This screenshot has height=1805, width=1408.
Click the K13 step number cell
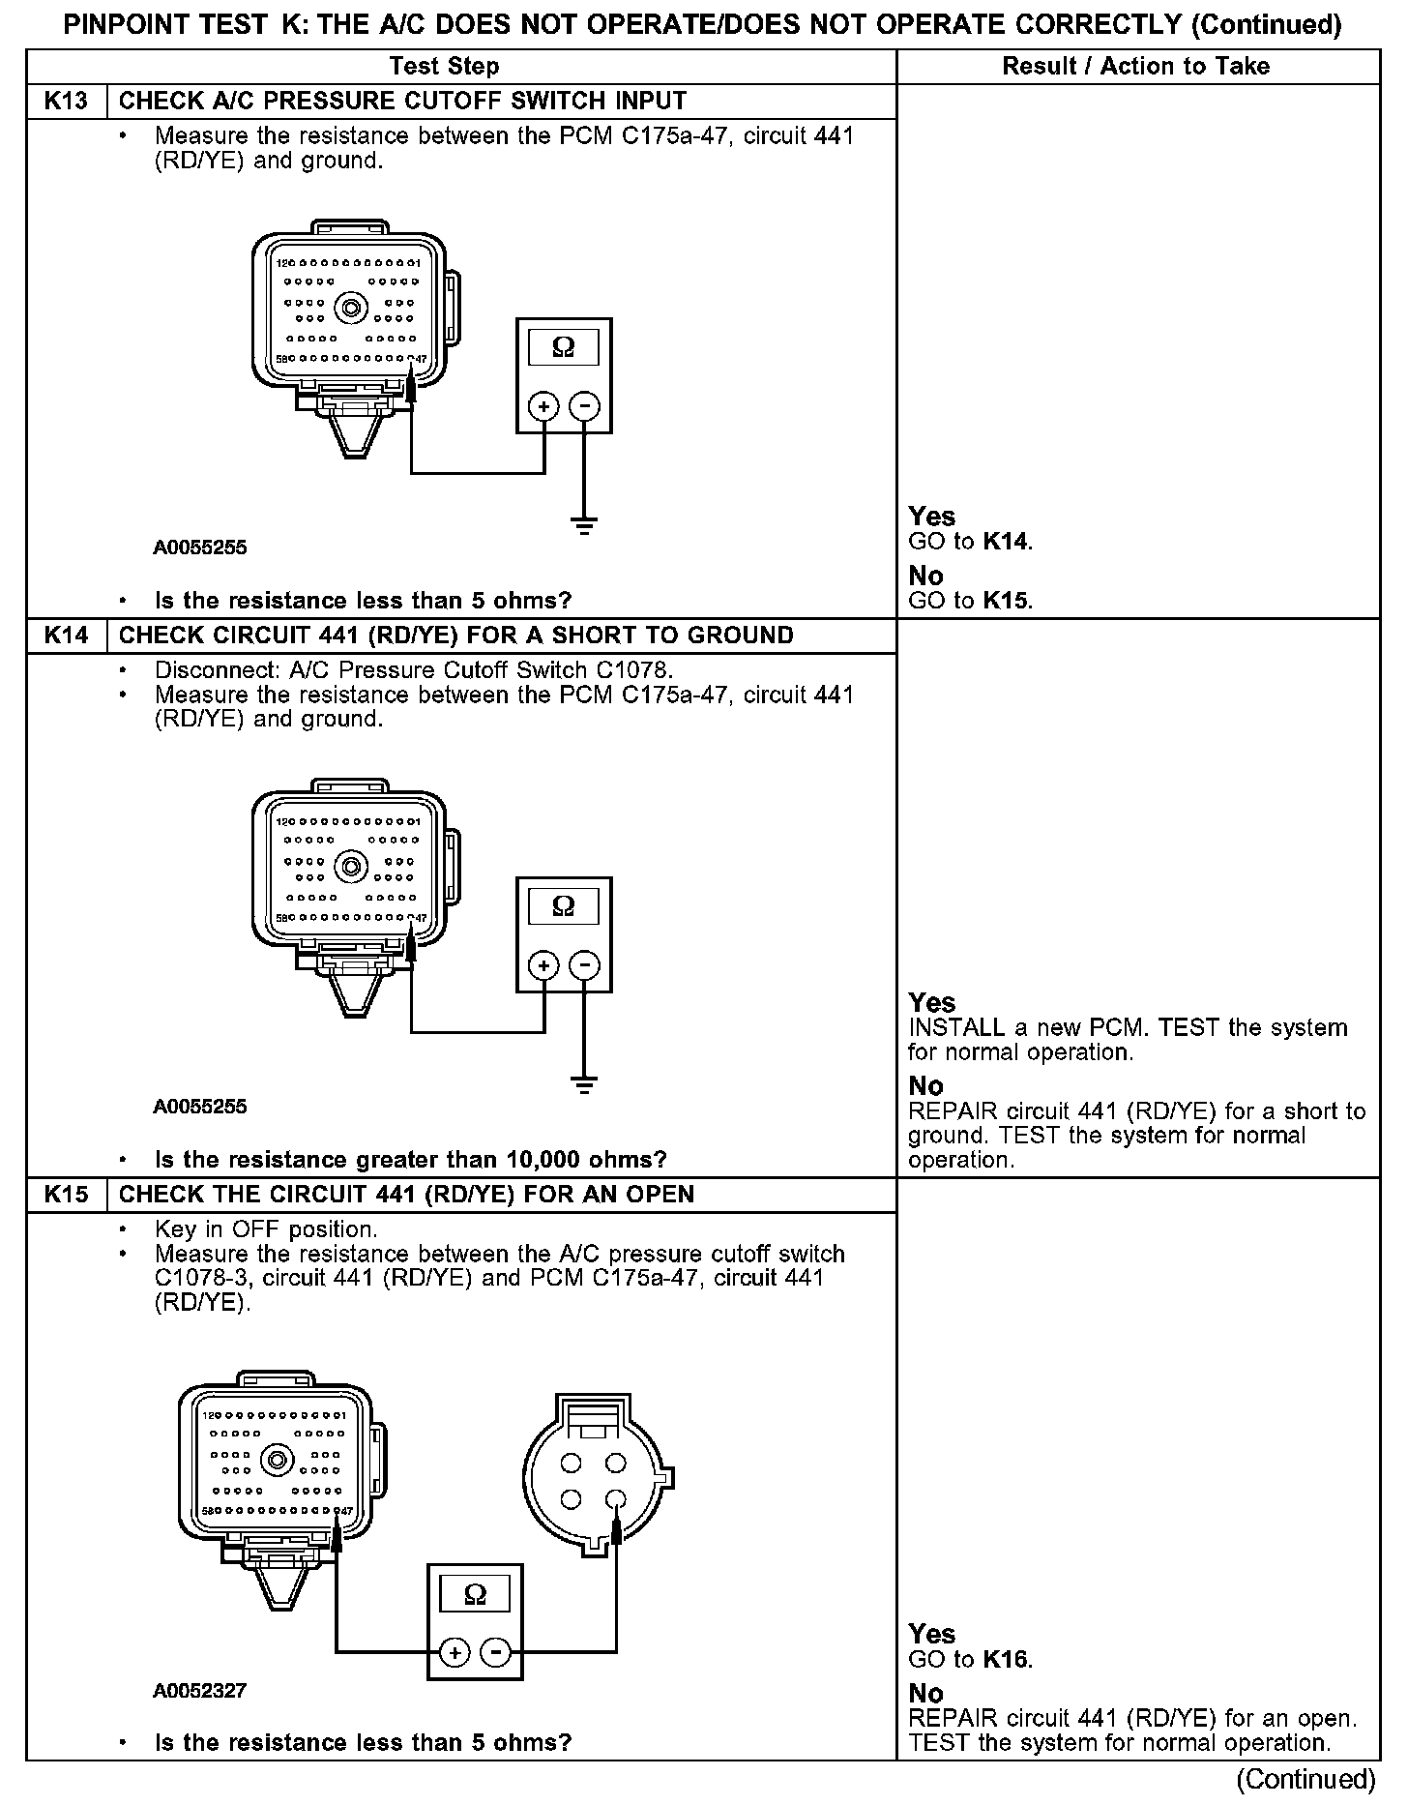[x=66, y=101]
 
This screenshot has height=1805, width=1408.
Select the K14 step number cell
[x=66, y=636]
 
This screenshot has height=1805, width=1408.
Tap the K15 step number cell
[x=66, y=1195]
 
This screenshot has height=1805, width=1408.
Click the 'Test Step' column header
[x=444, y=66]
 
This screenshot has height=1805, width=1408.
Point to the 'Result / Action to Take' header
[x=1135, y=66]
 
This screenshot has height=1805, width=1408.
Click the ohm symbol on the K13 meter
[x=563, y=347]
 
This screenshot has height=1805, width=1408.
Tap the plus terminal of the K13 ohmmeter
[x=544, y=406]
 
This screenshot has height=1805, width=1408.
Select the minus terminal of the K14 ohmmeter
[x=584, y=965]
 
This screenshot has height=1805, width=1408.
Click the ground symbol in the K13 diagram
[x=584, y=526]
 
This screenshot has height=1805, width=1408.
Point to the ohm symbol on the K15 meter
[x=475, y=1595]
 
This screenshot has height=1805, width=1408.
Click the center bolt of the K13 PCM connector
[x=350, y=308]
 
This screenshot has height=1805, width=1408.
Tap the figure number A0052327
[x=199, y=1691]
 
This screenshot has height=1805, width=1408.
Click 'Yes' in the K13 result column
[x=931, y=517]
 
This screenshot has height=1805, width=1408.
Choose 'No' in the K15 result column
[x=925, y=1693]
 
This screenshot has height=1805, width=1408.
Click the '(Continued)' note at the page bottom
[x=1305, y=1779]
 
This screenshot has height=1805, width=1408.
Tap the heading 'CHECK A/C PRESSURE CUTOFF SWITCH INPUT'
[x=402, y=101]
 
